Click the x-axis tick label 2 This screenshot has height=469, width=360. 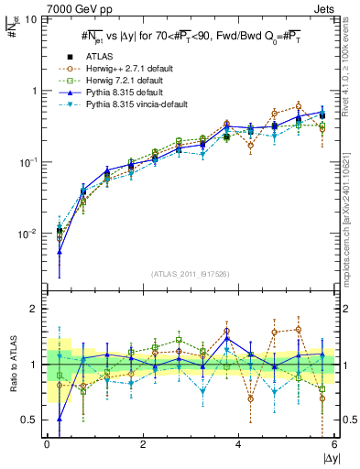[143, 444]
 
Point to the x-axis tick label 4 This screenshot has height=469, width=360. [238, 444]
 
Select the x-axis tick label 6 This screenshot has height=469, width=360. [333, 444]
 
